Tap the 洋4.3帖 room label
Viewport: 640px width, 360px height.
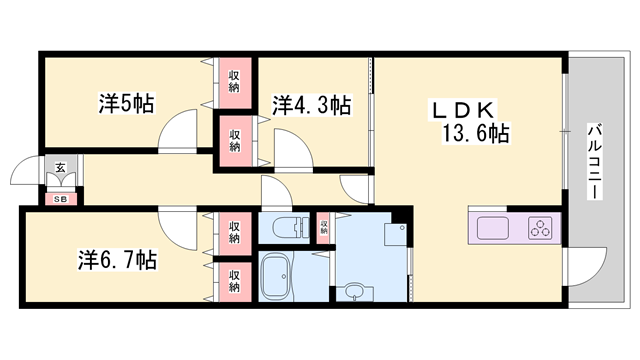pyautogui.click(x=312, y=104)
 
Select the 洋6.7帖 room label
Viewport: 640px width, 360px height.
pyautogui.click(x=117, y=260)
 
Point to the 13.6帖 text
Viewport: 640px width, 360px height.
pyautogui.click(x=473, y=132)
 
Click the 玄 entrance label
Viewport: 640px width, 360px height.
pyautogui.click(x=60, y=169)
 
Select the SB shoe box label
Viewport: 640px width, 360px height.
pyautogui.click(x=60, y=198)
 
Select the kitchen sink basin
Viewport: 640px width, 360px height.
pyautogui.click(x=492, y=227)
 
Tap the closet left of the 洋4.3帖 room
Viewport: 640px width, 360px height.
pyautogui.click(x=234, y=139)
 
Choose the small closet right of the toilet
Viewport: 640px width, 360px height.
pyautogui.click(x=324, y=227)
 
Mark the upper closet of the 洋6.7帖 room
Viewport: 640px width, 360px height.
pyautogui.click(x=234, y=231)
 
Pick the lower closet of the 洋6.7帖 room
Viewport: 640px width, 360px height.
pyautogui.click(x=234, y=281)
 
